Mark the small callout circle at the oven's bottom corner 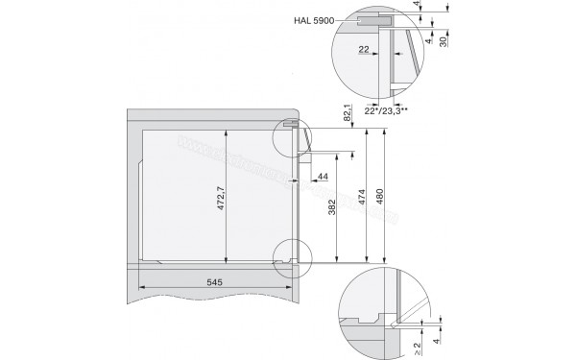point(292,256)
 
